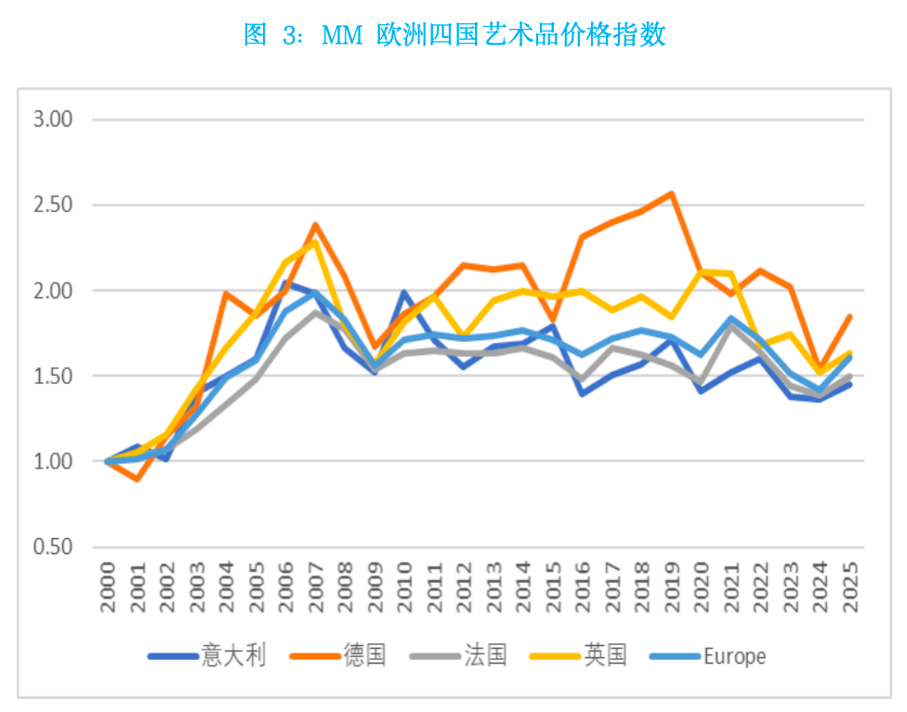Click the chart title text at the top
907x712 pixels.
[x=454, y=35]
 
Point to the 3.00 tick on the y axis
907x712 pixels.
[x=53, y=119]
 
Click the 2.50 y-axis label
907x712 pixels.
[x=53, y=204]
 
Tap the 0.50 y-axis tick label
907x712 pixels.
[x=53, y=547]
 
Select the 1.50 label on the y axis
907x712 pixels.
[x=53, y=376]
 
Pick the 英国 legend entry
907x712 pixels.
[x=605, y=655]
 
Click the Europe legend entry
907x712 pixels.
[x=734, y=655]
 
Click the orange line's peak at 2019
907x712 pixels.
[x=671, y=193]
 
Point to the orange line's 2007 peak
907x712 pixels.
[x=316, y=224]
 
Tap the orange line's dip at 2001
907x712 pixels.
[x=138, y=479]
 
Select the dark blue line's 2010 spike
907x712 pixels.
[x=404, y=292]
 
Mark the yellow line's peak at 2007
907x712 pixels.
[x=316, y=242]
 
